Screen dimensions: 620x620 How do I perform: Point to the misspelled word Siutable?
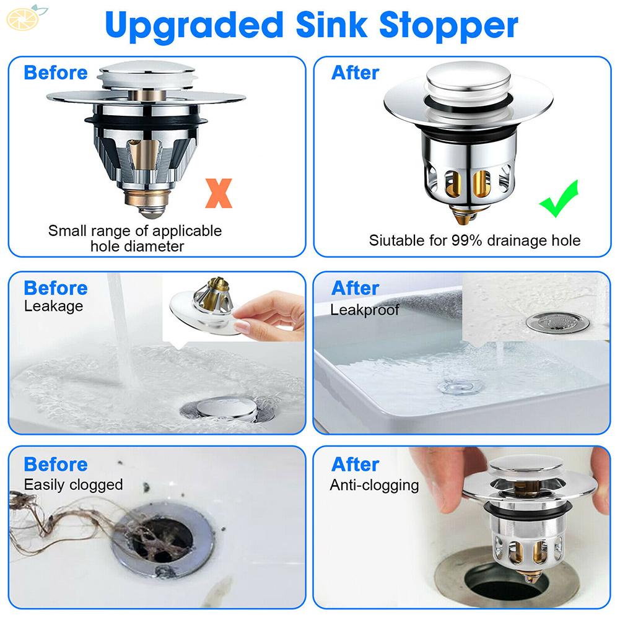coord(396,240)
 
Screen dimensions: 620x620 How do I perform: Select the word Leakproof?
coord(364,310)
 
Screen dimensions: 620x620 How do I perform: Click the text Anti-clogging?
coord(374,485)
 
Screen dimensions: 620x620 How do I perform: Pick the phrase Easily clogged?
coord(73,484)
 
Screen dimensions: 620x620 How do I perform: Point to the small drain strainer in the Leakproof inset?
coord(557,321)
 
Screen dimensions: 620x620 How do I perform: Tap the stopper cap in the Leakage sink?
coord(224,408)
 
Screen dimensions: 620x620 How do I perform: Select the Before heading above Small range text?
coord(56,72)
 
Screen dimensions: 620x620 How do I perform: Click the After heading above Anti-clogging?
coord(355,464)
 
